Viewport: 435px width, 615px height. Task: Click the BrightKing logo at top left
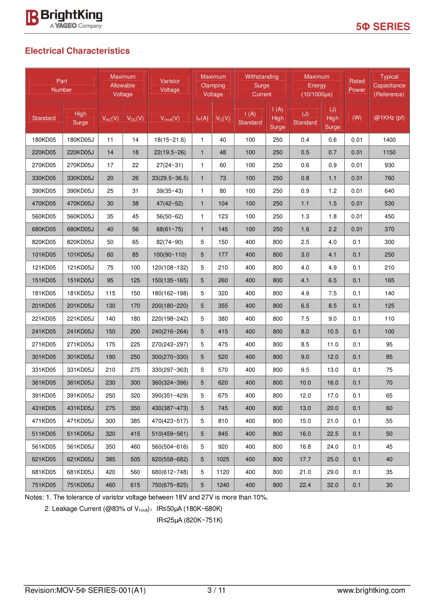point(64,18)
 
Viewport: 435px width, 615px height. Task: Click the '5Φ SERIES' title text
point(383,27)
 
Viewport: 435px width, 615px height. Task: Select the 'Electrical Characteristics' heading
point(77,51)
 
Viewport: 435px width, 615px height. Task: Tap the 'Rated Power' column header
point(357,86)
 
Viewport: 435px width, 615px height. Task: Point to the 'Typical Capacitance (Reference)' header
point(389,86)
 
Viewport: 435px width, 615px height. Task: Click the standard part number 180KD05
point(44,140)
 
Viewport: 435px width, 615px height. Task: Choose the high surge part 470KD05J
point(80,204)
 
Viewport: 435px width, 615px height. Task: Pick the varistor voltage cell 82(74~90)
point(170,242)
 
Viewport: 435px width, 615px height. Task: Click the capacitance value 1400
point(389,140)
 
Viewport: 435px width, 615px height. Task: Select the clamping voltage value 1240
point(223,485)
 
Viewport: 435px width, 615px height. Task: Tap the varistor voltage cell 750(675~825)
point(170,485)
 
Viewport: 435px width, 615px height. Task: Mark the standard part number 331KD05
point(44,370)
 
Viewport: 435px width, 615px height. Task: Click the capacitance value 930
point(389,165)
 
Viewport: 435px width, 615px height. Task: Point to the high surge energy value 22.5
point(332,434)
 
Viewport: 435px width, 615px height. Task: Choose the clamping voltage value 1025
point(223,459)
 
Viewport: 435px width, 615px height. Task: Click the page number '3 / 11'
point(217,590)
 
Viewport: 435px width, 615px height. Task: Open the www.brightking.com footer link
point(371,590)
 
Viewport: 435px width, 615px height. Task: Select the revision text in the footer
point(85,590)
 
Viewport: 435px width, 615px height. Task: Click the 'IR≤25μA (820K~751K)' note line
point(190,520)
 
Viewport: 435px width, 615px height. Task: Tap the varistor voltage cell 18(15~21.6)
point(170,140)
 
